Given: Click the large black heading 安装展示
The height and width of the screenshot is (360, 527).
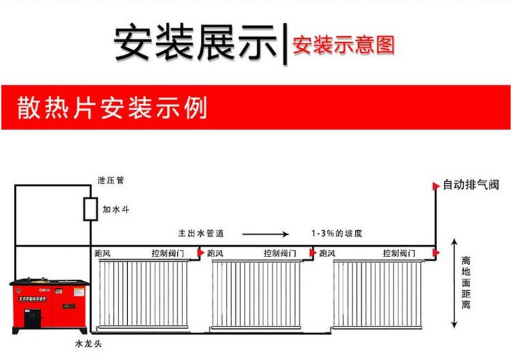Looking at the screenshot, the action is [x=196, y=43].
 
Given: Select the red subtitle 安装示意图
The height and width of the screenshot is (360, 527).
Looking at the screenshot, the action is [x=343, y=45].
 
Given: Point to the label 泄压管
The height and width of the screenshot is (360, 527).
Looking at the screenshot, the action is [x=106, y=180].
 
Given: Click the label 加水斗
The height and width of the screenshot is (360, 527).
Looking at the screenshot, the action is [x=115, y=209].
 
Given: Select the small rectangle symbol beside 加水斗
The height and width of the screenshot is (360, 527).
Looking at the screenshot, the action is [x=88, y=208].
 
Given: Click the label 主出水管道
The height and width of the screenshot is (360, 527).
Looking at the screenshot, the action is [x=201, y=233].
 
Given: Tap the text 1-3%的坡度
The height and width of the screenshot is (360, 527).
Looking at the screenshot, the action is [x=337, y=233].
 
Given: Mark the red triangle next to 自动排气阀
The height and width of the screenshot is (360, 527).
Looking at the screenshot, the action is [x=435, y=186].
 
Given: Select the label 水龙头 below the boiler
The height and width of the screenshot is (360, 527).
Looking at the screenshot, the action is [x=87, y=344].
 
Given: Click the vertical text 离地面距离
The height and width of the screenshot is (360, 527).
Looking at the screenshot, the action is [x=466, y=284].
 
